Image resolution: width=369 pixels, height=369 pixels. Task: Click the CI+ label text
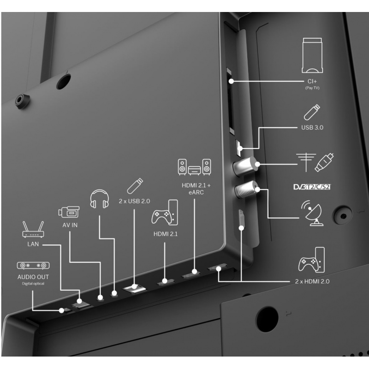point(312,82)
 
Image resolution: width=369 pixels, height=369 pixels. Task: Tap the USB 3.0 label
point(312,128)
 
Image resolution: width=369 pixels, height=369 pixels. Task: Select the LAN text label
point(33,244)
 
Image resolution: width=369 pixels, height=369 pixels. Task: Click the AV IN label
point(70,225)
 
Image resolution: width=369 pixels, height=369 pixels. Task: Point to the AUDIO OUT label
point(33,277)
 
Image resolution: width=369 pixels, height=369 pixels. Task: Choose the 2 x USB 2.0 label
point(134,201)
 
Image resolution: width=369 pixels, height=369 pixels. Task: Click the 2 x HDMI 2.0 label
point(312,281)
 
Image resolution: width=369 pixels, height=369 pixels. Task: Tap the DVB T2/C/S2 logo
point(312,187)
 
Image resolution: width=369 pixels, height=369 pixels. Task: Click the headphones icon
point(100,199)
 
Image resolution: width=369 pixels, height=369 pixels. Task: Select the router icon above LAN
point(33,229)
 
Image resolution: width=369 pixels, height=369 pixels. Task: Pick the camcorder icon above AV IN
point(69,212)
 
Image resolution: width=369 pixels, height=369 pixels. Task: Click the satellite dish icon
point(312,213)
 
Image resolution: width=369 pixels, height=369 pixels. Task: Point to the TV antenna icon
point(306,162)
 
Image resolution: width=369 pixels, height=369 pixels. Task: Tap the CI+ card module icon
point(312,55)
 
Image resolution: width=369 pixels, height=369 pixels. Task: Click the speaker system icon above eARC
point(194,167)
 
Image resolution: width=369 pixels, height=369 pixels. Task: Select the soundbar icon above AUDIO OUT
point(33,266)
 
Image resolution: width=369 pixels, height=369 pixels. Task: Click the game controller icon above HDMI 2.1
point(165,213)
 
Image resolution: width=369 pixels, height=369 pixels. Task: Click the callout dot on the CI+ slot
point(232,81)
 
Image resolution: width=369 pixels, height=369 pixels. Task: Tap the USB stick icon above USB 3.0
point(312,112)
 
